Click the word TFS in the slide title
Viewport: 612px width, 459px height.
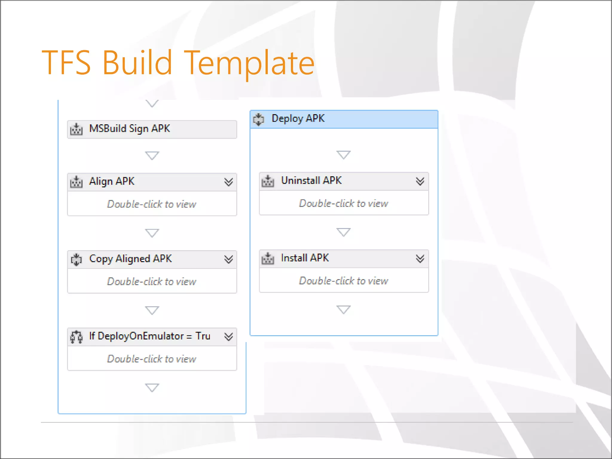click(x=66, y=63)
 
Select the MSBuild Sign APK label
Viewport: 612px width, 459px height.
click(x=129, y=128)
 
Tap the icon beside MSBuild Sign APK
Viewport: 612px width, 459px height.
click(x=76, y=129)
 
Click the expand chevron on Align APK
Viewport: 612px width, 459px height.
click(x=229, y=182)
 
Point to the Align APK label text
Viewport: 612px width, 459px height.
click(x=112, y=181)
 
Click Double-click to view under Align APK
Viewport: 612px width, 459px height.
click(x=152, y=204)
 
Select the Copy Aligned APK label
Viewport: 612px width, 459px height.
click(x=130, y=259)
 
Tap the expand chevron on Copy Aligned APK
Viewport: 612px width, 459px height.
click(x=229, y=259)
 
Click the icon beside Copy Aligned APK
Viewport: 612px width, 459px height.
click(x=76, y=259)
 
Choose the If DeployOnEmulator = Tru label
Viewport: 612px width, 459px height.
click(x=149, y=336)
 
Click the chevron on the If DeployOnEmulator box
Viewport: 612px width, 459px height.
click(x=229, y=336)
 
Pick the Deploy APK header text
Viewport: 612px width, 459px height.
click(x=298, y=119)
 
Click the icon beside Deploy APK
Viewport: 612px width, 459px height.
click(x=258, y=119)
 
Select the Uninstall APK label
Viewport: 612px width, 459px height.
click(x=311, y=180)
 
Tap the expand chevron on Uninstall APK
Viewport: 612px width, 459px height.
click(x=420, y=181)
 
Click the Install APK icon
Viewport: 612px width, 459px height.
click(x=268, y=258)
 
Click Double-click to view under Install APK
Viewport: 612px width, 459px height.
click(x=344, y=281)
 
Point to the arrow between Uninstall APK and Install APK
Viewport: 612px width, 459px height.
click(x=343, y=232)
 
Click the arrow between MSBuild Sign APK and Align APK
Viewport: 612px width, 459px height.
click(x=152, y=155)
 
